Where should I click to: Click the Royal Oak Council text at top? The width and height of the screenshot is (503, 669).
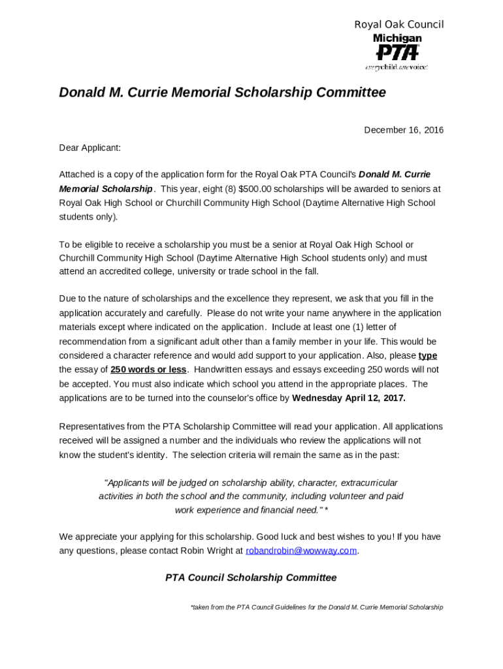click(398, 25)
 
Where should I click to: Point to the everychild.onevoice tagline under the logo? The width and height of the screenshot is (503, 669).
click(397, 67)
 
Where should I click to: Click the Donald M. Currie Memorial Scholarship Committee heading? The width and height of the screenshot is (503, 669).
click(222, 93)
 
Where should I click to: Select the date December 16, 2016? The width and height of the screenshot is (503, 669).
click(403, 130)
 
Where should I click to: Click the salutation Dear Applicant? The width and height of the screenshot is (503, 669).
click(89, 148)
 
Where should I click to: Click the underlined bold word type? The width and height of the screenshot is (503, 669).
click(427, 355)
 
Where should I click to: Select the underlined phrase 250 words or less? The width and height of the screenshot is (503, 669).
click(148, 370)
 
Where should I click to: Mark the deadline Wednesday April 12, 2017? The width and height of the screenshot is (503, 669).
click(349, 398)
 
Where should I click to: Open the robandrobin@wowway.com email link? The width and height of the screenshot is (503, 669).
click(301, 551)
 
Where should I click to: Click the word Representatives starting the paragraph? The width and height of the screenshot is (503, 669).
click(93, 427)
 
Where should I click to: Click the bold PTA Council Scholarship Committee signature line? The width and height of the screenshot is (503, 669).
click(251, 578)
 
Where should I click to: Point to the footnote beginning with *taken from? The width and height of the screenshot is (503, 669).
click(316, 608)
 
